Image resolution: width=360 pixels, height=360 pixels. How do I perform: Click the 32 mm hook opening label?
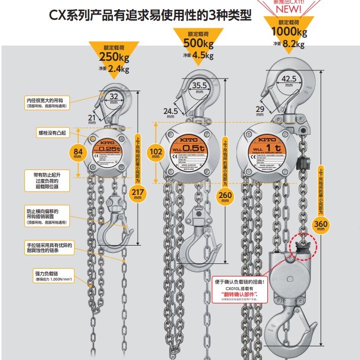pos(114,97)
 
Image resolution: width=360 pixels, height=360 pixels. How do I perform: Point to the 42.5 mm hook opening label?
pos(289,79)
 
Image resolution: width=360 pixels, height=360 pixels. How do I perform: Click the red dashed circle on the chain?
pos(302,246)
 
